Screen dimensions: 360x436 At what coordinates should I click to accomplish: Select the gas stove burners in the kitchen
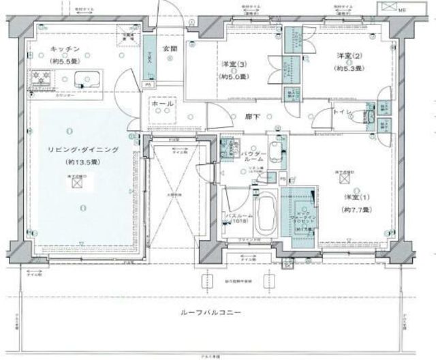35,77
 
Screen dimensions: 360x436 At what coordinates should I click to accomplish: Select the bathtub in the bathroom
264,212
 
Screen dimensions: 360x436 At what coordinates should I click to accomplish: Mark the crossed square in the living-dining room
78,182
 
